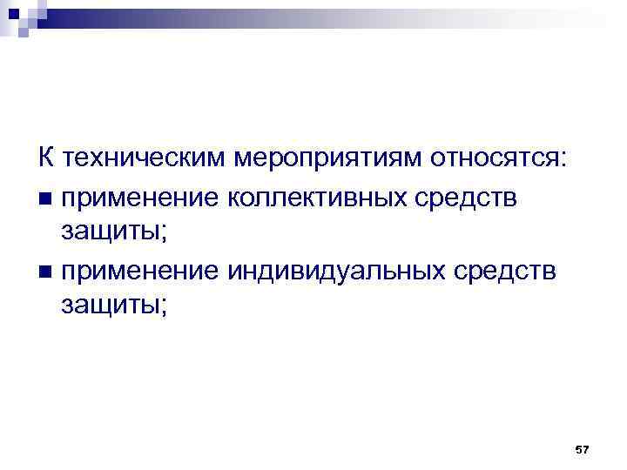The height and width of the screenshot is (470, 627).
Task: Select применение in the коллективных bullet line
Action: [139, 198]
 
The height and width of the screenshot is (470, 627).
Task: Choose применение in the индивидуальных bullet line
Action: [139, 272]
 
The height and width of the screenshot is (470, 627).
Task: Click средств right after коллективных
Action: [468, 198]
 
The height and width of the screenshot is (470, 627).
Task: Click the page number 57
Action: [583, 449]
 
